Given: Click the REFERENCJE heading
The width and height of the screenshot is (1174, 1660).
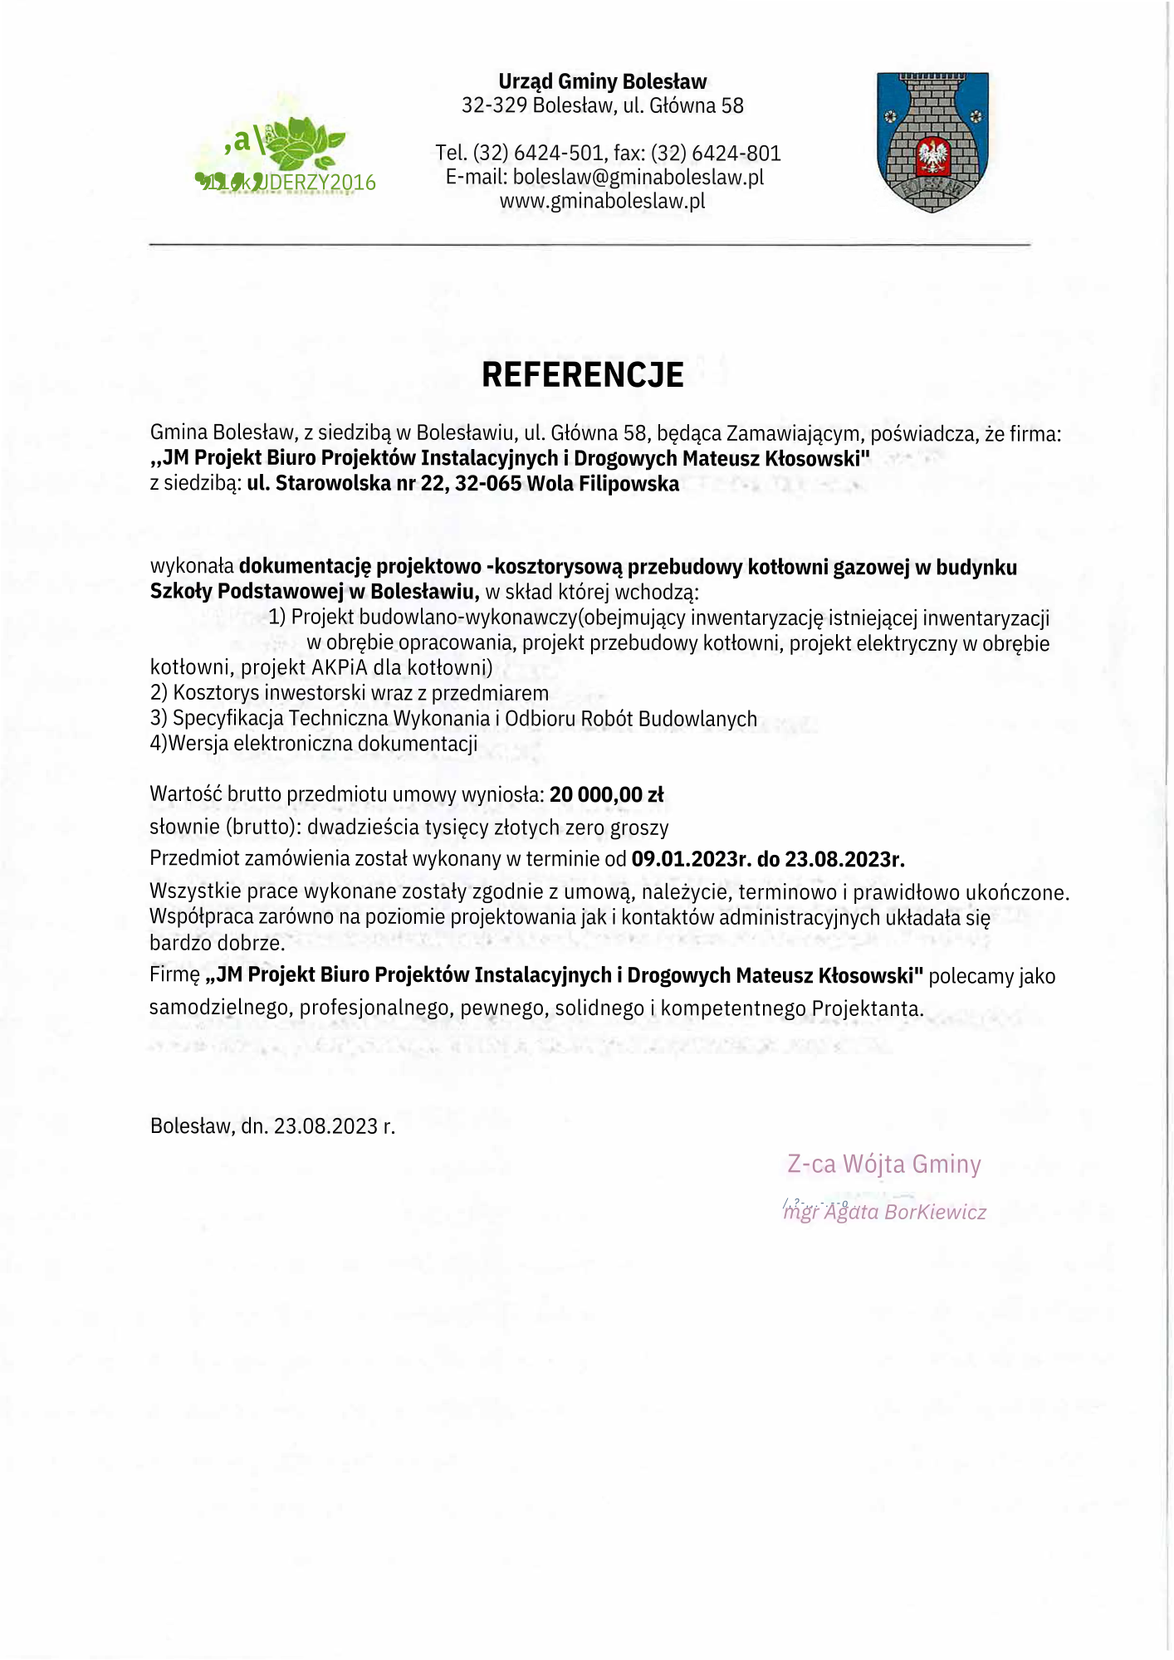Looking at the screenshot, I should [582, 375].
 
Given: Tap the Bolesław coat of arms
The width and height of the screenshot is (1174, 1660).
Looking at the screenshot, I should [932, 141].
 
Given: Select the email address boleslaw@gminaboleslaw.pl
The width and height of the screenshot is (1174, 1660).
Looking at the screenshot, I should [638, 177].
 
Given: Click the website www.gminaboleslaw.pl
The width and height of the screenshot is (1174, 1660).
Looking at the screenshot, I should [602, 201].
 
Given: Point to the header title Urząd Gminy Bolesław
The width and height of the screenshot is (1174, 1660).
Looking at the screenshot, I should [602, 81].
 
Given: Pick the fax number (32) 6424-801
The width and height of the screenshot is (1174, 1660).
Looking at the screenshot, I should [716, 153].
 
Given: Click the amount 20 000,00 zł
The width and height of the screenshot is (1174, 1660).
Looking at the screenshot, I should [606, 794].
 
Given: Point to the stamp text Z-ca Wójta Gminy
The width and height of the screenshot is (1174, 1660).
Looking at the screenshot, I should [883, 1164].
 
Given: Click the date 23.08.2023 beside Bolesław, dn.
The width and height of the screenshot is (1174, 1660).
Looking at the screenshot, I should [325, 1126].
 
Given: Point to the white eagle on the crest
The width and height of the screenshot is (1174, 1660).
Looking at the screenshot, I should [932, 155].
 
